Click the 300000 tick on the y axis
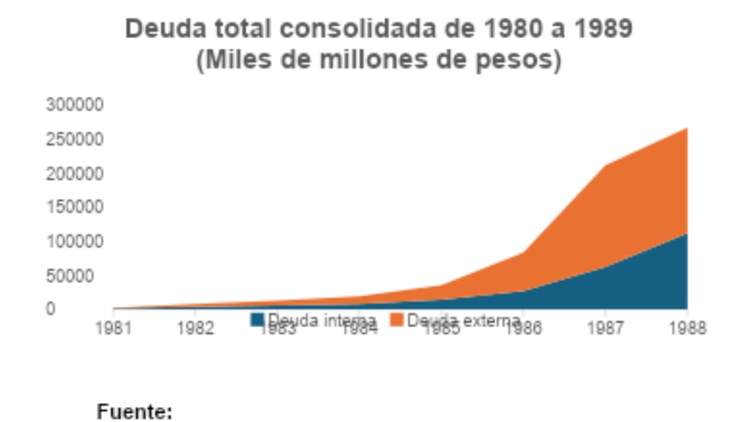click(75, 105)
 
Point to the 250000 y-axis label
click(75, 139)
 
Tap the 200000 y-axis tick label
click(75, 174)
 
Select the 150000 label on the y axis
click(75, 208)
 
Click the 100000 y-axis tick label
click(75, 241)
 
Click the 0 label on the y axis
click(51, 309)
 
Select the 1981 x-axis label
click(114, 329)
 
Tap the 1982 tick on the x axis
click(195, 329)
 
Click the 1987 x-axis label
click(605, 329)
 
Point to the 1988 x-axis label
click(687, 329)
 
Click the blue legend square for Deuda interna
click(258, 319)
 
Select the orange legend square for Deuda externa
click(396, 319)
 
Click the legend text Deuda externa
click(464, 320)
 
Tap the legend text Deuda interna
click(322, 320)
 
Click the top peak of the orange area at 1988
click(686, 129)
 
